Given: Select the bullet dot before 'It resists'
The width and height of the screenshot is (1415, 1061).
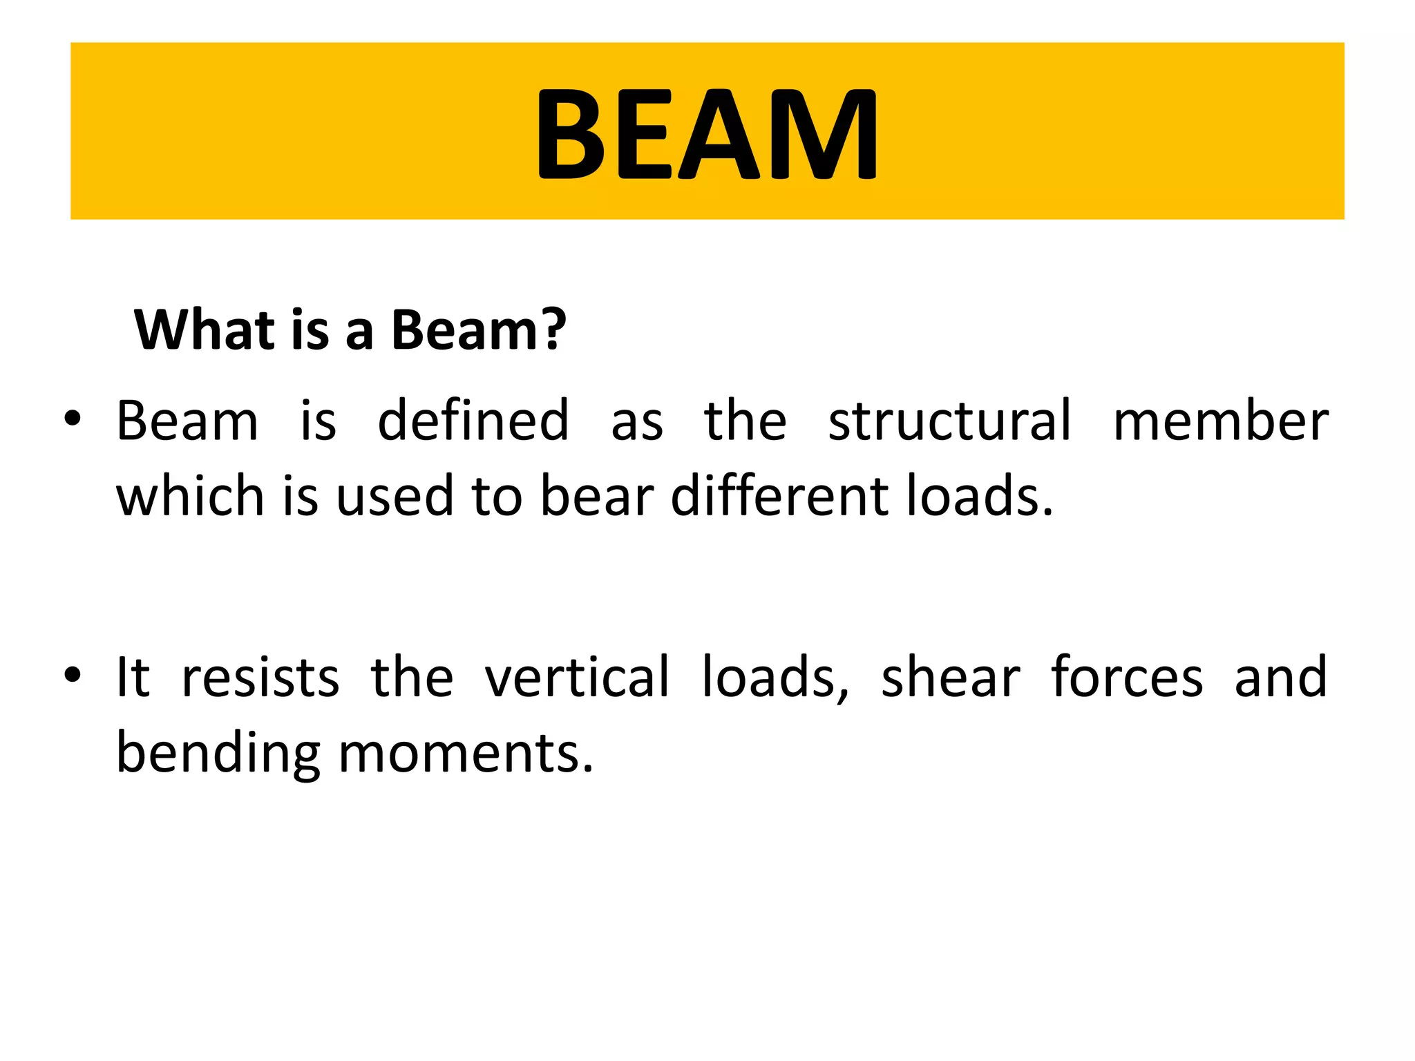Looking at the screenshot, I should pyautogui.click(x=73, y=675).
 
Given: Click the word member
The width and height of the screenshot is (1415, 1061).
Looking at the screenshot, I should pyautogui.click(x=1221, y=421).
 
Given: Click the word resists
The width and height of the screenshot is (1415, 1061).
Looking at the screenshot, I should pyautogui.click(x=260, y=677).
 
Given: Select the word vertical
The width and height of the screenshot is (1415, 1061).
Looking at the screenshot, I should pyautogui.click(x=576, y=677).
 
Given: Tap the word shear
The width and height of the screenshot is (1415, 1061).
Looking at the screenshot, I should pyautogui.click(x=950, y=677).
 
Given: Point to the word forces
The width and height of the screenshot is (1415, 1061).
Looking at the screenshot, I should pyautogui.click(x=1127, y=677).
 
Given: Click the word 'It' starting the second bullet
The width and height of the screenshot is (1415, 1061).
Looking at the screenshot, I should pyautogui.click(x=133, y=677).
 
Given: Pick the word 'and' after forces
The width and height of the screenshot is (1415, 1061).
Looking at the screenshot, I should pyautogui.click(x=1280, y=677).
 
